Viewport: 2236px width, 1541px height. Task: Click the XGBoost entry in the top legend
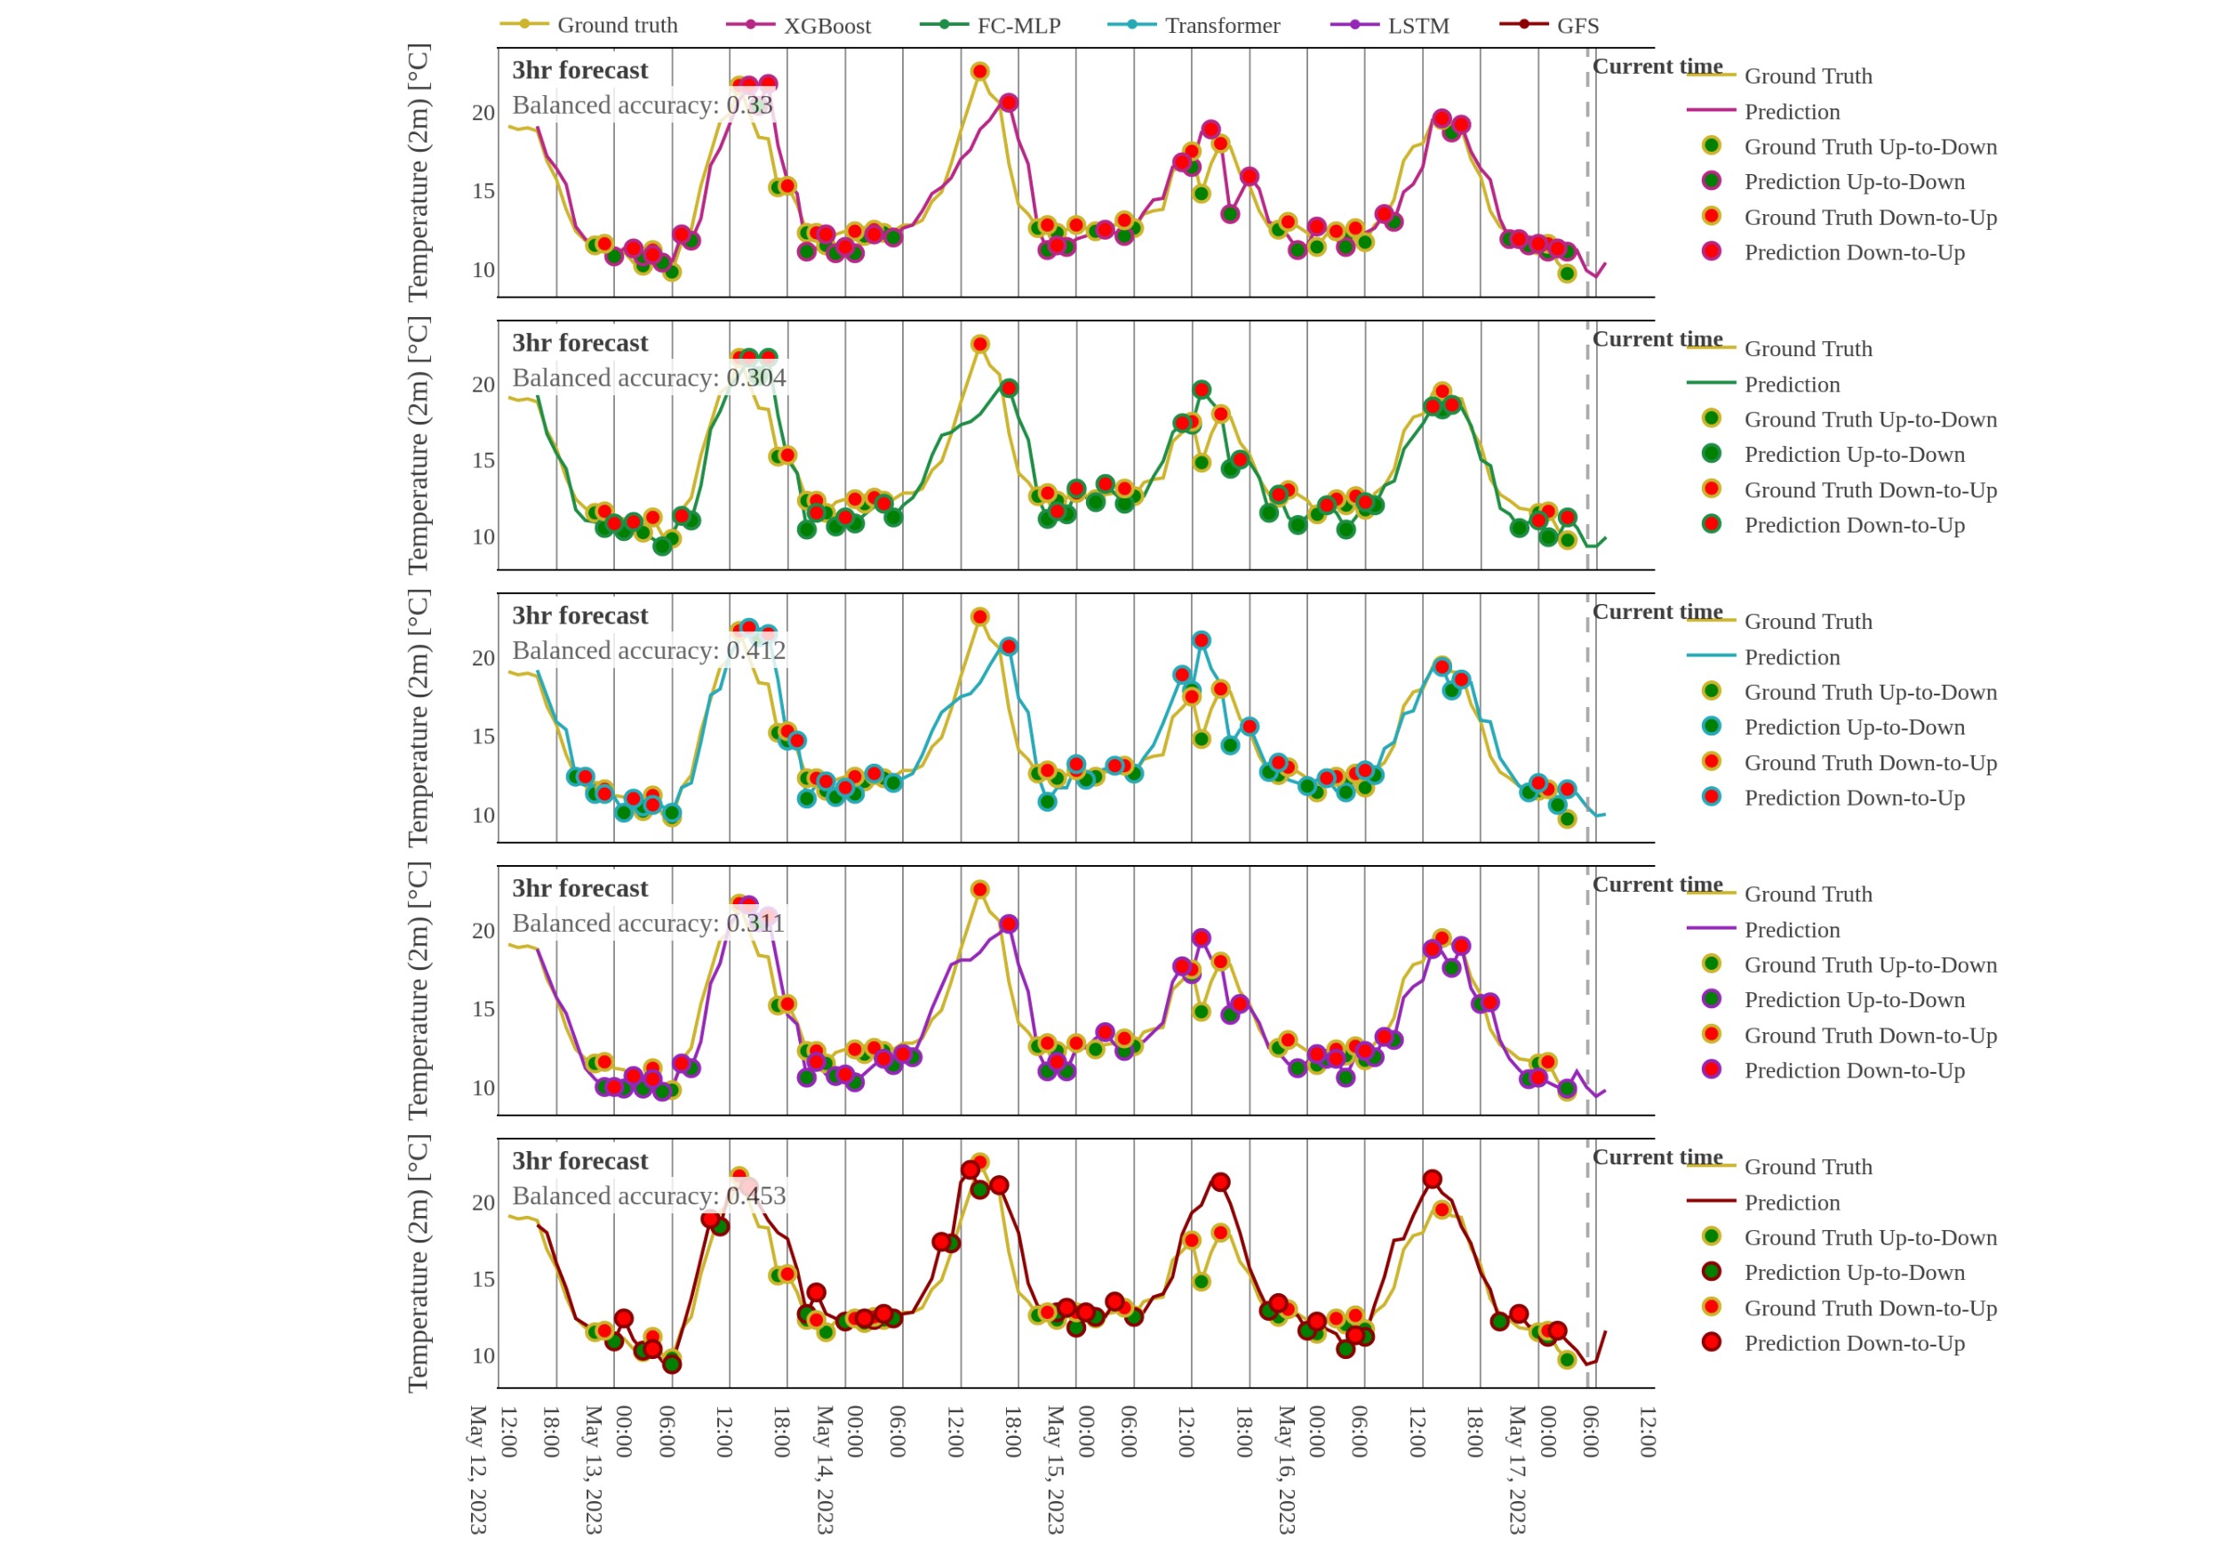coord(826,26)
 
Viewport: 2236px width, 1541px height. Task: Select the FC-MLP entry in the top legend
coord(1018,26)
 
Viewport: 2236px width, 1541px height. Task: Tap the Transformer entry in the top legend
coord(1222,26)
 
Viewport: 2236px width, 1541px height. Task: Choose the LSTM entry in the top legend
coord(1417,26)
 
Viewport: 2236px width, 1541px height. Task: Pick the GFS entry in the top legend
coord(1577,26)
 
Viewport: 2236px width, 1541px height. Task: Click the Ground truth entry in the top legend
coord(616,26)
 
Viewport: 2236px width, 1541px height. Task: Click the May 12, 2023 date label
coord(477,1468)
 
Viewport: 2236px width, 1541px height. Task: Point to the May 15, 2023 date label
coord(1055,1468)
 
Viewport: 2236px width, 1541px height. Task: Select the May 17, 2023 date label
coord(1516,1468)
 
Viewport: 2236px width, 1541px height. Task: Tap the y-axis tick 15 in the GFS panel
coord(483,1279)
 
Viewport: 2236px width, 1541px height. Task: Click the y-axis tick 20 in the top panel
coord(483,113)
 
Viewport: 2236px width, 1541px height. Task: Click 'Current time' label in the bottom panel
coord(1657,1156)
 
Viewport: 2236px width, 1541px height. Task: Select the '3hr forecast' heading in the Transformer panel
coord(579,616)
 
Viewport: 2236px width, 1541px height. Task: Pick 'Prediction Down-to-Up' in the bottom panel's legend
coord(1854,1343)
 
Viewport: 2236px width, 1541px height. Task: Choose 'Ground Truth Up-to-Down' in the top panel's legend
coord(1870,147)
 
